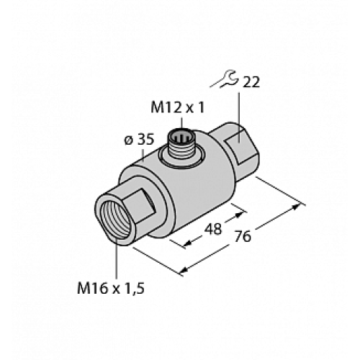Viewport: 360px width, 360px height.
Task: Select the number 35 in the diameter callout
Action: pos(145,140)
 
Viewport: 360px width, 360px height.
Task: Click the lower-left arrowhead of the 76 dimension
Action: pos(183,272)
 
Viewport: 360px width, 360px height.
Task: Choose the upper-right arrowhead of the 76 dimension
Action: pos(297,209)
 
